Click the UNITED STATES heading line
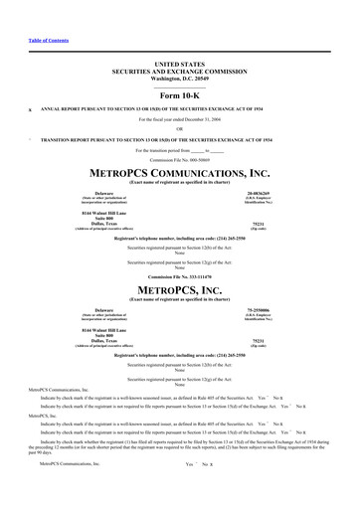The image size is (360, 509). (x=179, y=63)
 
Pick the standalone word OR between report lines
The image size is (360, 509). (x=179, y=128)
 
